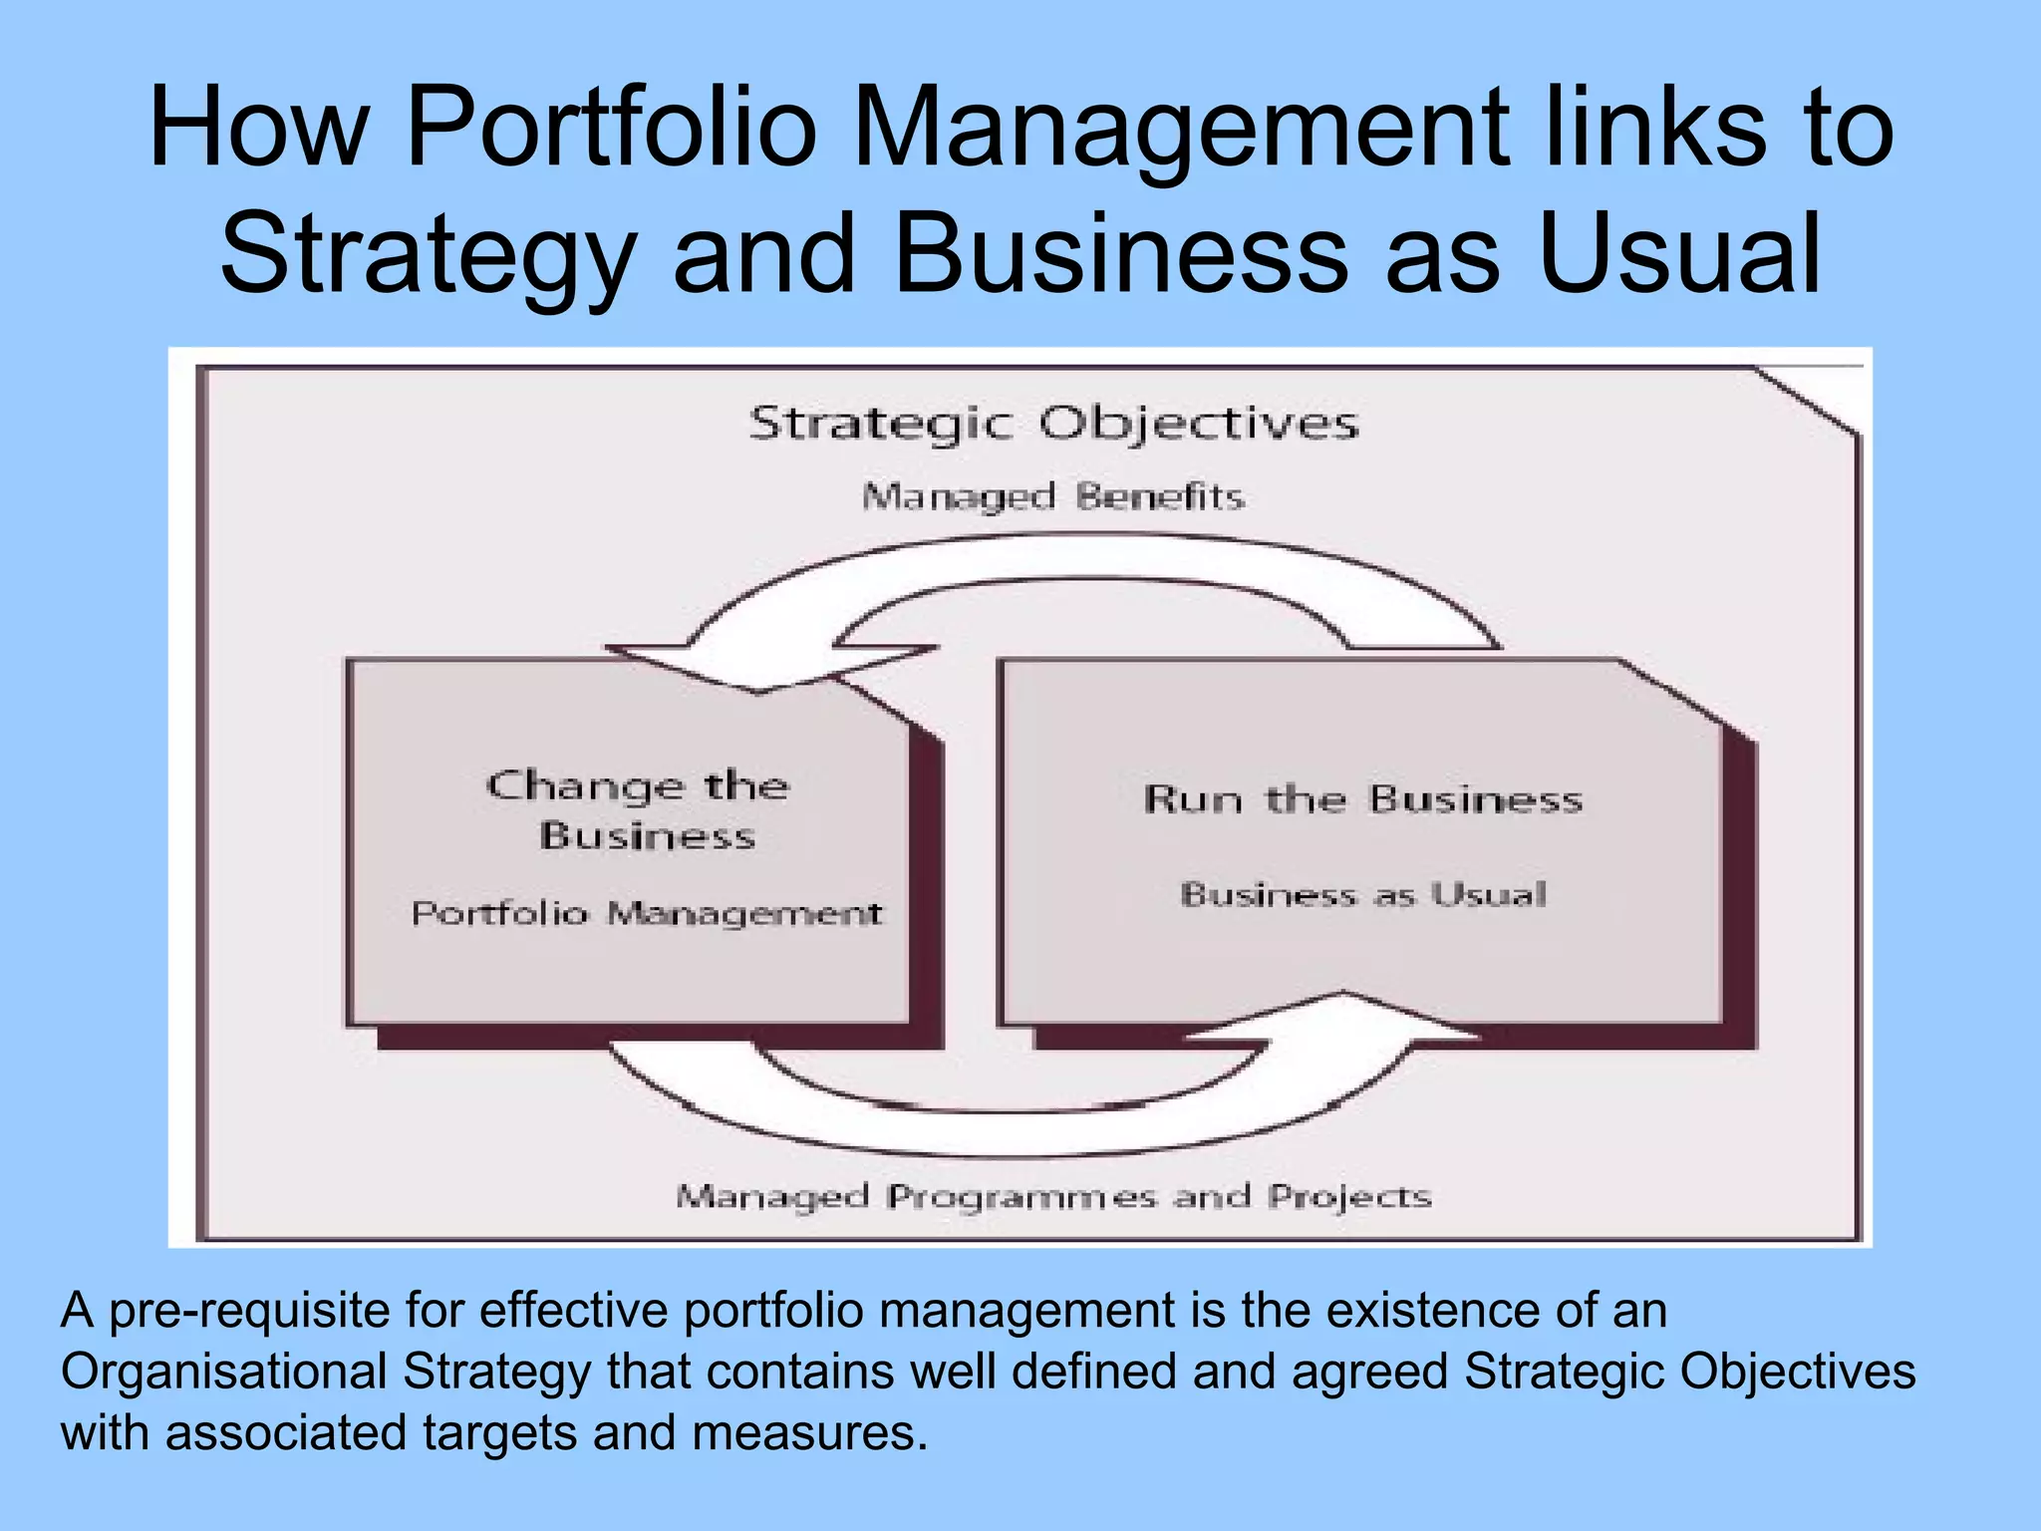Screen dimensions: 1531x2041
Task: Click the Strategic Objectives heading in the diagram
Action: coord(1053,424)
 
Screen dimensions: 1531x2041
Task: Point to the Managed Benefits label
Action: coord(1053,495)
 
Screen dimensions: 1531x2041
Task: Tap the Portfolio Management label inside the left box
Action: coord(647,913)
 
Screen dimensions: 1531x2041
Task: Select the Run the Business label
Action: coord(1362,799)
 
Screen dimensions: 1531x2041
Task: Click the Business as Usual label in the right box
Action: coord(1362,894)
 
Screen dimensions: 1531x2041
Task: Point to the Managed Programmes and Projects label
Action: coord(1053,1196)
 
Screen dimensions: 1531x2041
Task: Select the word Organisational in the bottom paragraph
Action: coord(223,1372)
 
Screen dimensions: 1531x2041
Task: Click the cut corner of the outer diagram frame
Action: coord(1807,401)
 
